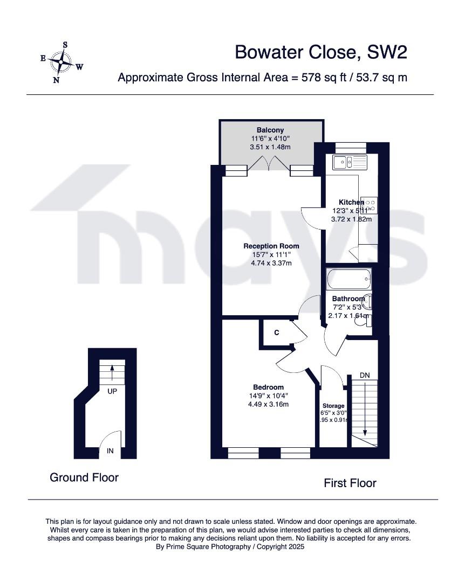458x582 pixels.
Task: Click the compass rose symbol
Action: (x=63, y=63)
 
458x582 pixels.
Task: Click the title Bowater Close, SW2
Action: (x=320, y=52)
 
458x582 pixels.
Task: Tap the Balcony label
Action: (x=270, y=130)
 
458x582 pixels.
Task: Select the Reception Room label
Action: (x=271, y=246)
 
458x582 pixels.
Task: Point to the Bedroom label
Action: (x=268, y=387)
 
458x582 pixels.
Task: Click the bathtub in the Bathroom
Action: (x=348, y=279)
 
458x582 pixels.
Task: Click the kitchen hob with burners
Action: (x=370, y=204)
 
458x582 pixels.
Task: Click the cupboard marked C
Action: (x=276, y=332)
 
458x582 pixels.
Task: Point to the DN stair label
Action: (x=365, y=375)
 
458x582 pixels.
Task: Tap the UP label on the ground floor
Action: (x=112, y=391)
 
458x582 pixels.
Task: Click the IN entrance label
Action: (x=110, y=451)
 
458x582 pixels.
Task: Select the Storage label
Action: (x=333, y=405)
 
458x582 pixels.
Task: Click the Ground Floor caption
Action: (x=84, y=477)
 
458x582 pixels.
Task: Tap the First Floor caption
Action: (x=350, y=483)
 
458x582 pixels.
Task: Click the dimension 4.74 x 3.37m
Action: (x=271, y=263)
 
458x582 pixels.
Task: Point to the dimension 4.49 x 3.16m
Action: (x=268, y=404)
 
